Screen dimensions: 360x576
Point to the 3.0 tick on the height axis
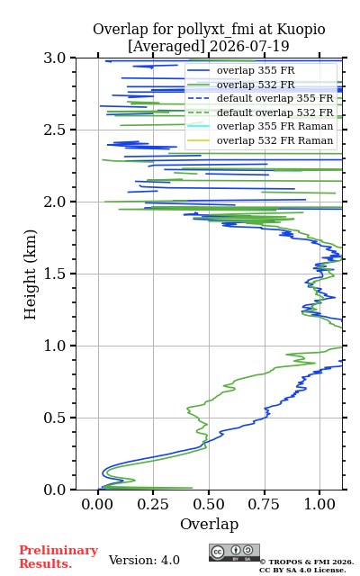(55, 58)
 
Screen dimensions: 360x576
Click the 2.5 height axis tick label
(55, 130)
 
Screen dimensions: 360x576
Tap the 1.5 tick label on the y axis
(55, 274)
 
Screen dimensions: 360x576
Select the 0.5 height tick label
(55, 418)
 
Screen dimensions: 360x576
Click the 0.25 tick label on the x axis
(153, 504)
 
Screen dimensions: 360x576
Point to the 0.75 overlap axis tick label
(264, 504)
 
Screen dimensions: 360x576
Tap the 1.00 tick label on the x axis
(319, 504)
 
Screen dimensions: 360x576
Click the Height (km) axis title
(30, 274)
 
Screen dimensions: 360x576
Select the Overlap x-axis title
(209, 524)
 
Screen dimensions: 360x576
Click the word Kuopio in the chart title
(301, 30)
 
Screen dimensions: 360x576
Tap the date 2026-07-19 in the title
(249, 46)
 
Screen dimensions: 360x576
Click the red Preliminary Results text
(58, 556)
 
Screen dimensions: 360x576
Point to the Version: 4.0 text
(144, 560)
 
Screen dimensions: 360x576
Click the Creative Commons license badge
(234, 553)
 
